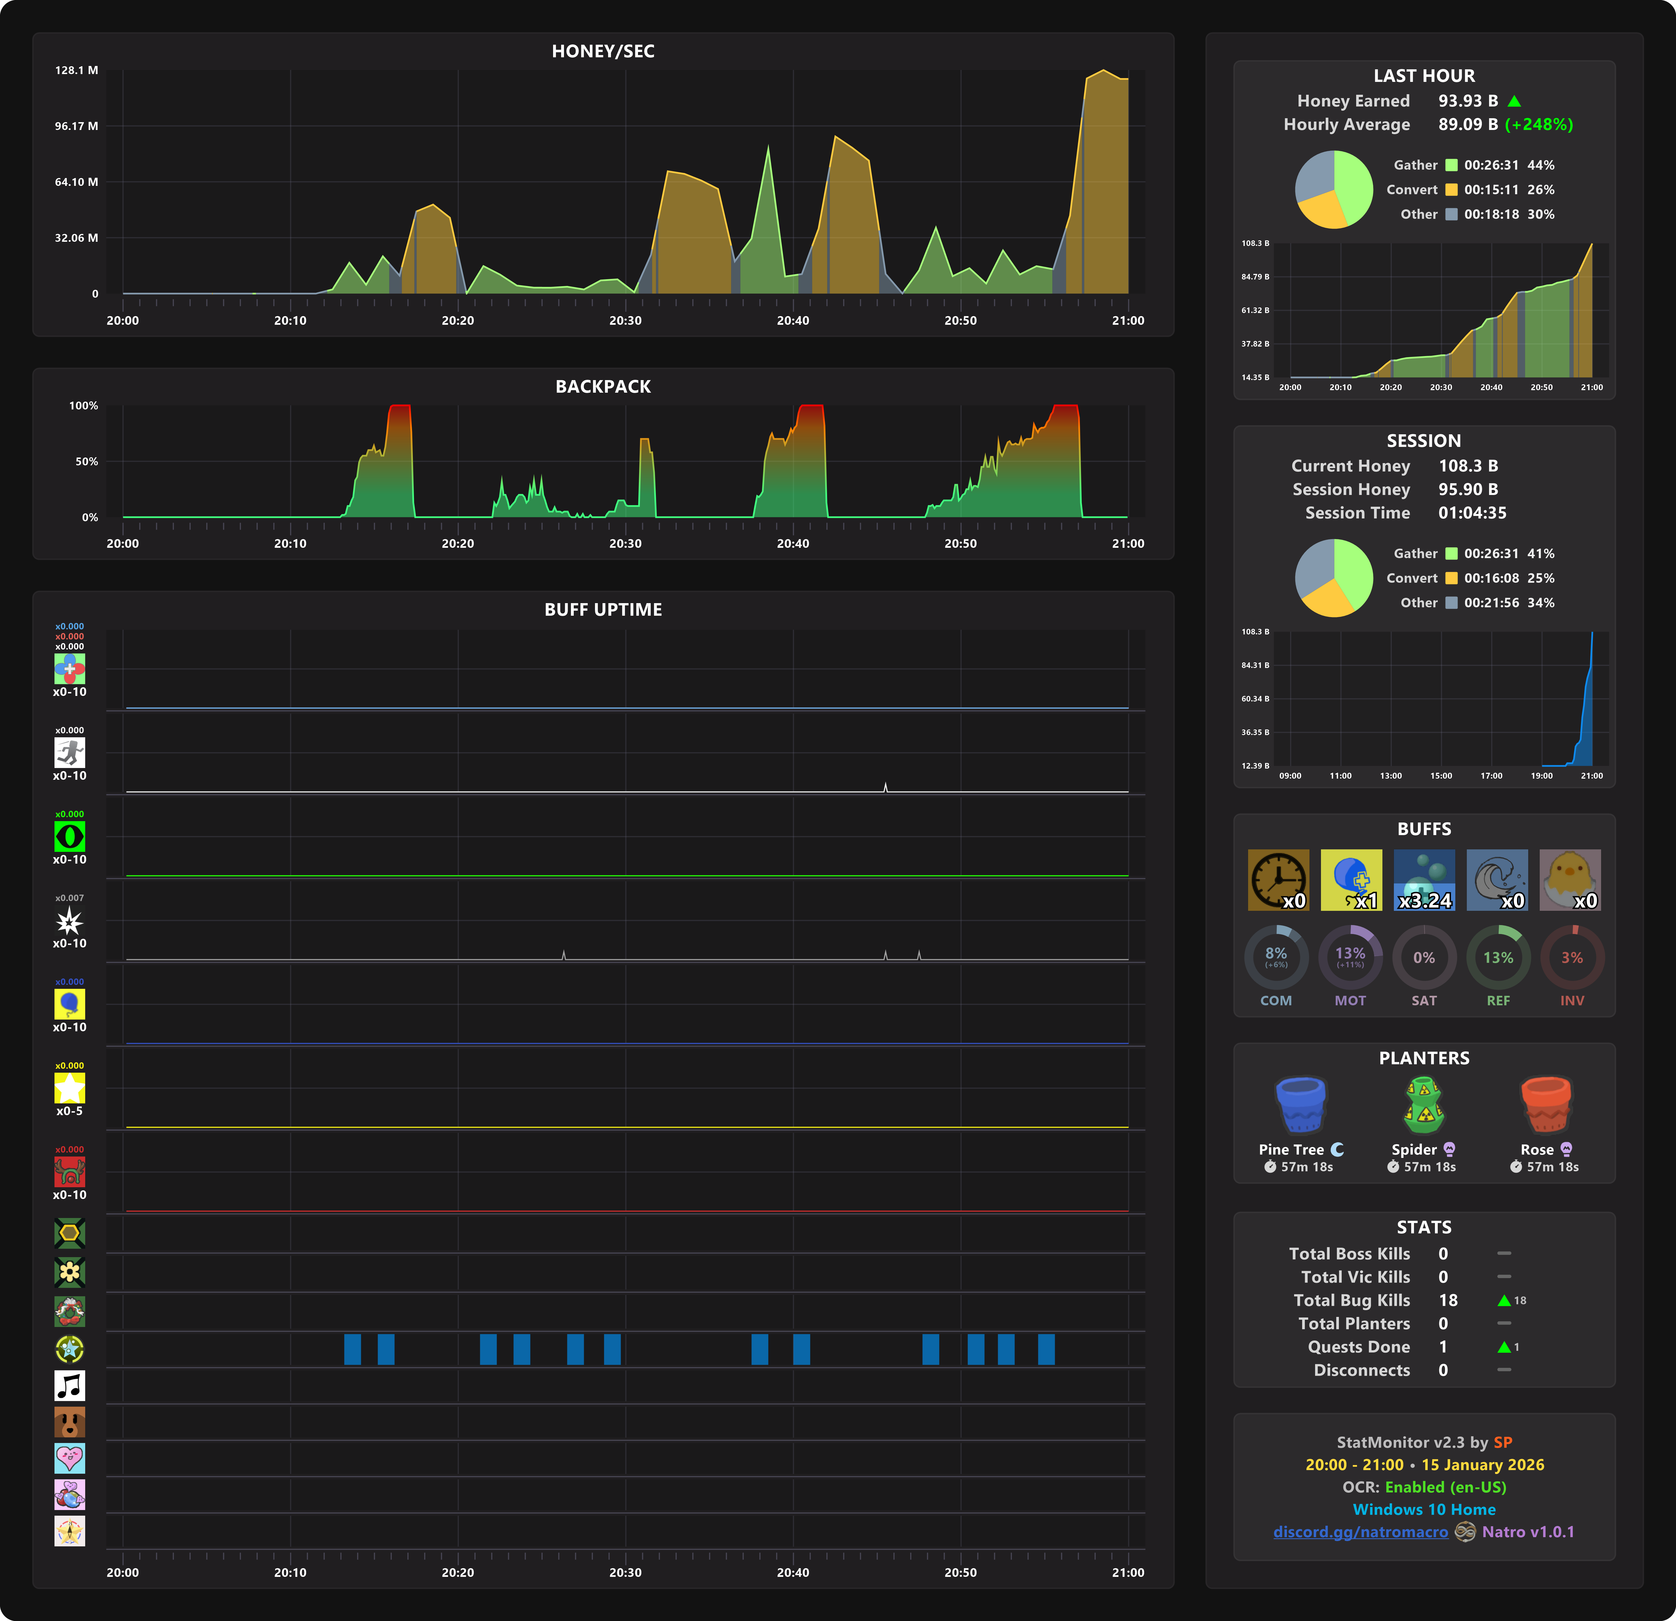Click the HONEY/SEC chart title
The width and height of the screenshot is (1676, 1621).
pyautogui.click(x=603, y=51)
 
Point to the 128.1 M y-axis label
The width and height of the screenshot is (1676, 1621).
pyautogui.click(x=76, y=70)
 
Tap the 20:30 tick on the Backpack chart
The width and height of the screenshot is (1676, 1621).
pyautogui.click(x=625, y=543)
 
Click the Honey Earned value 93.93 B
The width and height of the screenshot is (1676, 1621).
pyautogui.click(x=1467, y=101)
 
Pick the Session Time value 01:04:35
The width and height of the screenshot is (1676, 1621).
pyautogui.click(x=1472, y=513)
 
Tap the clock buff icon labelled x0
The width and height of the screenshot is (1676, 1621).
pyautogui.click(x=1277, y=879)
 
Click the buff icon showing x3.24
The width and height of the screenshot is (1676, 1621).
pyautogui.click(x=1424, y=879)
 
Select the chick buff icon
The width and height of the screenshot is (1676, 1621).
pyautogui.click(x=1570, y=879)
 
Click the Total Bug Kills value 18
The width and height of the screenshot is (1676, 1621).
pyautogui.click(x=1448, y=1300)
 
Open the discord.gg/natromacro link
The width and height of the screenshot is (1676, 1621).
pyautogui.click(x=1360, y=1532)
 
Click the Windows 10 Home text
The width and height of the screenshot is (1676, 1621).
pyautogui.click(x=1424, y=1510)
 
